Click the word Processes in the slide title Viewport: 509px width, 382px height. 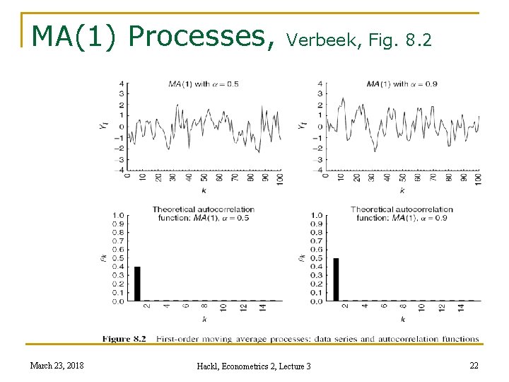click(202, 35)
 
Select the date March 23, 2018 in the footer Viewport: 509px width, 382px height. click(57, 365)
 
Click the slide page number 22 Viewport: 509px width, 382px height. click(474, 365)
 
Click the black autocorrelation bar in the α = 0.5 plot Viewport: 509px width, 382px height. click(137, 284)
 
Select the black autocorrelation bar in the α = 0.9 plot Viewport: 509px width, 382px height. click(336, 279)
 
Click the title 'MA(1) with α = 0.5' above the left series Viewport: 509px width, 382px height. click(204, 84)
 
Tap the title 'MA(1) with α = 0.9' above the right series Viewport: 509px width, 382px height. click(402, 84)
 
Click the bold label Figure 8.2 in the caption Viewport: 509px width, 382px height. click(124, 339)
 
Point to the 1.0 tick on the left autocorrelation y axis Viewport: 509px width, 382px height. click(119, 215)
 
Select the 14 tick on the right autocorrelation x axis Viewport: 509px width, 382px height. click(461, 307)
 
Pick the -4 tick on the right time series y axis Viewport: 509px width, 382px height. click(320, 170)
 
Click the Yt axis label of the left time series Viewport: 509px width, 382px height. click(104, 126)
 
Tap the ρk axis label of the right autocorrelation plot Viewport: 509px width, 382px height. click(302, 258)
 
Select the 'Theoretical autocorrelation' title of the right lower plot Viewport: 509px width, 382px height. click(402, 209)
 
